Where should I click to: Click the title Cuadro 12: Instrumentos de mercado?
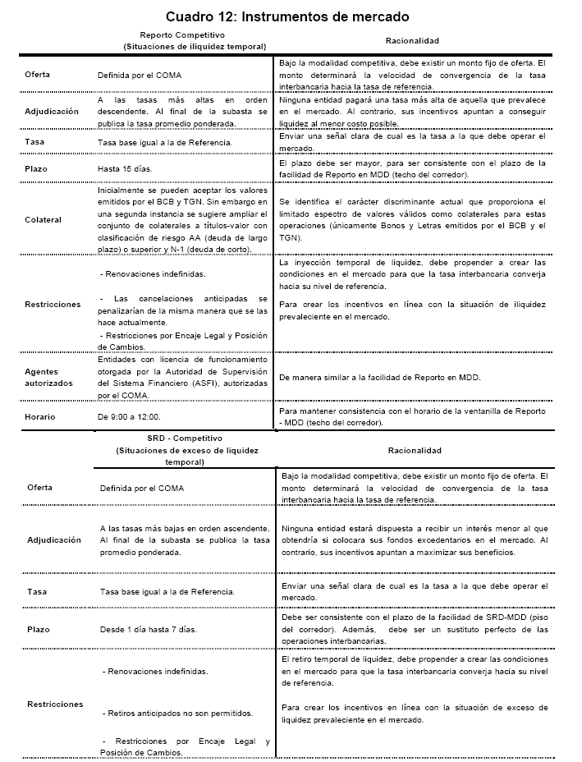[x=287, y=16]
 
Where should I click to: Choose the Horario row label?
[x=40, y=417]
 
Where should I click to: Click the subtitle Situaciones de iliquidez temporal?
[x=194, y=47]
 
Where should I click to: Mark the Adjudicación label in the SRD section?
[x=53, y=540]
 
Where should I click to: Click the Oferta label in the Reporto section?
[x=39, y=75]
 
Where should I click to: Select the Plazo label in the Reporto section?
[x=38, y=169]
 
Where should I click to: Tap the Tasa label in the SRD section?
[x=37, y=591]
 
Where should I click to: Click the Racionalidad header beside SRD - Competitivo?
[x=414, y=450]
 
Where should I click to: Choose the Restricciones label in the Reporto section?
[x=53, y=304]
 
